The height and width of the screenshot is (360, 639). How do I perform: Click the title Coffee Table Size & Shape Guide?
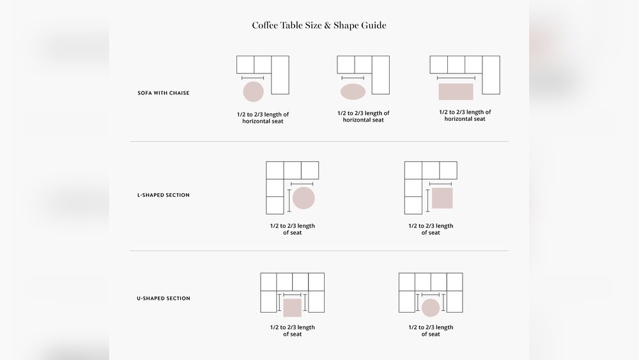click(x=319, y=26)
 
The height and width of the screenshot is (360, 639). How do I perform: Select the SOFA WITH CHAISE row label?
click(x=163, y=93)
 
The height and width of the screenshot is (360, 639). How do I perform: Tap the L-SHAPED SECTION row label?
click(x=163, y=195)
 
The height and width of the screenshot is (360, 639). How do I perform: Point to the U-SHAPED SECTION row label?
click(x=163, y=299)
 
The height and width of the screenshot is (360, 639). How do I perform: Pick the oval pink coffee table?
click(x=353, y=91)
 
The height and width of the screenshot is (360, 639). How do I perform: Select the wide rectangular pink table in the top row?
click(x=456, y=91)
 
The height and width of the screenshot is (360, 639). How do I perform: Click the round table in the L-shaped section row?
click(x=304, y=198)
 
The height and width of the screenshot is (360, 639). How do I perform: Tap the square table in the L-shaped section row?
click(x=442, y=198)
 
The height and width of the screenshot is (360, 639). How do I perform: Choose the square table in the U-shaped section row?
click(x=292, y=308)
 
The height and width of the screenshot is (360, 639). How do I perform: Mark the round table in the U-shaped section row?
click(x=431, y=308)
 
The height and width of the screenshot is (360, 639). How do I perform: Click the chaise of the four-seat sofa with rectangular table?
click(x=491, y=75)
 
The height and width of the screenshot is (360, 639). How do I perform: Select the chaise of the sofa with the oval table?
click(x=380, y=75)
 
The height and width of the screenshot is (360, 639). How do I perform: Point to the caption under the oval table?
click(x=363, y=116)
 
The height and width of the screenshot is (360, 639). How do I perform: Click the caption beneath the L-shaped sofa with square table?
click(x=431, y=229)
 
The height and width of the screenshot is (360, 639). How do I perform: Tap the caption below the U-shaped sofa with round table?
click(x=431, y=331)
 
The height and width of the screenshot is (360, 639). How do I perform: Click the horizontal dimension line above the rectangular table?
click(x=456, y=78)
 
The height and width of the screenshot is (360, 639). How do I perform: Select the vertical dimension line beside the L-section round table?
click(x=289, y=199)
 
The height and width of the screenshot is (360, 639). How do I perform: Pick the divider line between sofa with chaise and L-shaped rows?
click(x=319, y=141)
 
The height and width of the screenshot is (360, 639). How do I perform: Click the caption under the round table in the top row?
click(x=263, y=118)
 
